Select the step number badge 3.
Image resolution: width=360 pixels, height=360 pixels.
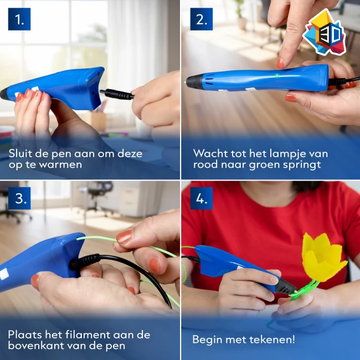pyautogui.click(x=19, y=198)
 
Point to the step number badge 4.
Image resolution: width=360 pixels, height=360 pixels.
pyautogui.click(x=201, y=198)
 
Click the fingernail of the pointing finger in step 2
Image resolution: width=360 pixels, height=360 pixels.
pyautogui.click(x=280, y=63)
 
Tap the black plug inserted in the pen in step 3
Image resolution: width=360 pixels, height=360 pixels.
pyautogui.click(x=83, y=261)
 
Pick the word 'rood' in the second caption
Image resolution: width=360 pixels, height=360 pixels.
pyautogui.click(x=205, y=166)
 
